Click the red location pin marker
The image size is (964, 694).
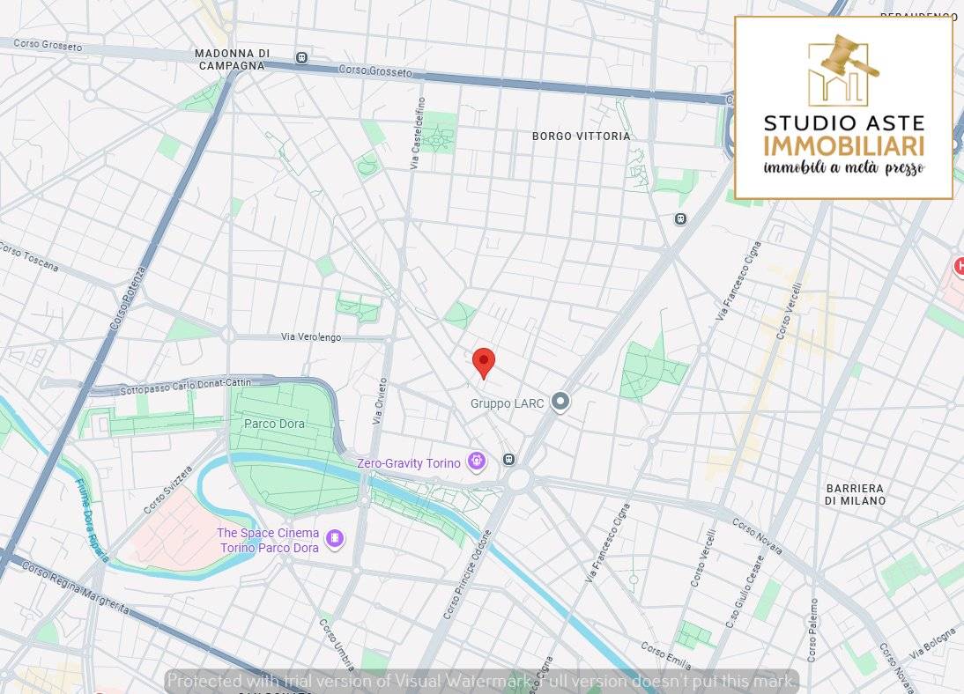(x=484, y=362)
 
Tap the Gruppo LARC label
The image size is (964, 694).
(x=507, y=403)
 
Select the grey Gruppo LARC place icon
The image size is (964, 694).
(x=560, y=402)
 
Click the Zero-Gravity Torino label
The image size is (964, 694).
(x=408, y=463)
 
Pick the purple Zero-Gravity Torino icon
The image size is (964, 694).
(x=477, y=460)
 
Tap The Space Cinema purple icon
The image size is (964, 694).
(x=334, y=538)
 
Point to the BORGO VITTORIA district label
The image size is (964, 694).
(x=582, y=137)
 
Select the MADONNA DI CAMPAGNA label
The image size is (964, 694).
(x=232, y=59)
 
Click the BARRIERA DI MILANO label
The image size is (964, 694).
(x=854, y=494)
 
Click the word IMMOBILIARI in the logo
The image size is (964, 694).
(x=843, y=146)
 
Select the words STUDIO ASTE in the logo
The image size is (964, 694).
(x=843, y=122)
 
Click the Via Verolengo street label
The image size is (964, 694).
(x=310, y=337)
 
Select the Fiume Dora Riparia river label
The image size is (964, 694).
(x=92, y=519)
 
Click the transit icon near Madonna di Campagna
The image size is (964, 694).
(x=301, y=57)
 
